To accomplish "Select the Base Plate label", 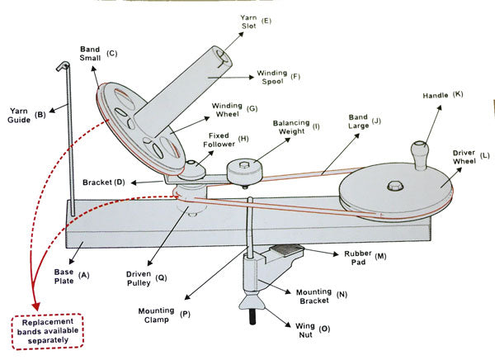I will [67, 275].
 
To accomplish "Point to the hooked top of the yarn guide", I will [61, 65].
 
